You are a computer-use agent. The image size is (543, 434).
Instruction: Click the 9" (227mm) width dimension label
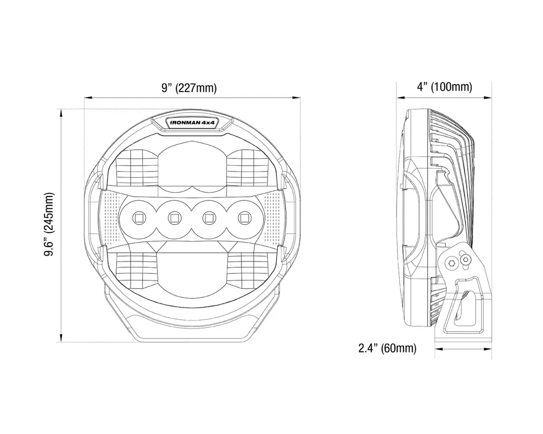pyautogui.click(x=189, y=88)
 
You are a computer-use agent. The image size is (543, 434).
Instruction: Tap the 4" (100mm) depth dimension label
pyautogui.click(x=444, y=87)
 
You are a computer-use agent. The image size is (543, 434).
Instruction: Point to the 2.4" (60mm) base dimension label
pyautogui.click(x=387, y=348)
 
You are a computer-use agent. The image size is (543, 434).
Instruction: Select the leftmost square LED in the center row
pyautogui.click(x=138, y=218)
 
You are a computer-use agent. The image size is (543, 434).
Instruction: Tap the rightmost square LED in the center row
pyautogui.click(x=245, y=218)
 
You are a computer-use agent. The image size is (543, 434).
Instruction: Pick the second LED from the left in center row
pyautogui.click(x=174, y=218)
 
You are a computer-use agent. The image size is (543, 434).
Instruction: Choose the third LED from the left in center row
pyautogui.click(x=209, y=218)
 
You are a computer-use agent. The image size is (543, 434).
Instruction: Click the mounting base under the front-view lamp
pyautogui.click(x=192, y=328)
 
